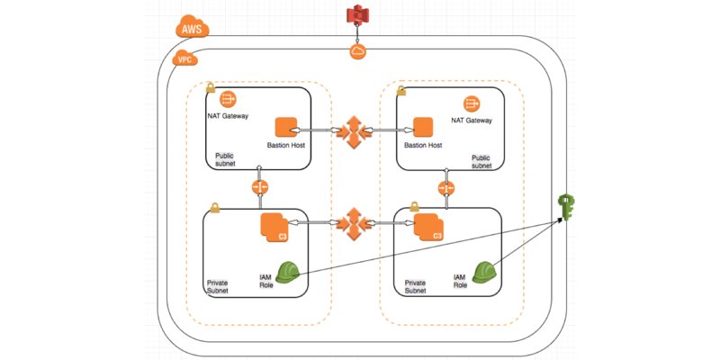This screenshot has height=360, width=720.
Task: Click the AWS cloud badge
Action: pos(192,28)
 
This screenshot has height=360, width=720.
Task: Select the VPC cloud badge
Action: pos(184,59)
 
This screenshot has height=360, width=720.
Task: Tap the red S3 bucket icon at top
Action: pos(357,15)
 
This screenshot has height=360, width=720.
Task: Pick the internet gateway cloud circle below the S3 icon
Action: pos(357,52)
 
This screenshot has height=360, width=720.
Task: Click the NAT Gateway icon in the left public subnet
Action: pos(227,98)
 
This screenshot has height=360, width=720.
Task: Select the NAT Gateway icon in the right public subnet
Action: pos(470,103)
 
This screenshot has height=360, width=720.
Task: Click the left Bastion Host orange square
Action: pos(285,128)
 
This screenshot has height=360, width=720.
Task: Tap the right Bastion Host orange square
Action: pos(421,128)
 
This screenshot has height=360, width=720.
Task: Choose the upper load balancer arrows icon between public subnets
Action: pos(355,131)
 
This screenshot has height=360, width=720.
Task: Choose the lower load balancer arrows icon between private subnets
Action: pos(355,222)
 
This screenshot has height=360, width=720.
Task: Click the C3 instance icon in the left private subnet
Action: pos(274,228)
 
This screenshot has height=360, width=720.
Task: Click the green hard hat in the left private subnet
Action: pos(288,272)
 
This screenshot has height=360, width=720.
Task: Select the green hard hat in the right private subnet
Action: pos(485,271)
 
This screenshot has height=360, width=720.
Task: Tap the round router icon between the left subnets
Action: pos(260,187)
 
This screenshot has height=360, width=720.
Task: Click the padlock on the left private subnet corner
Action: pos(214,208)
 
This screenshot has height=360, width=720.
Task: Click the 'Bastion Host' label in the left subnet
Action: pos(286,146)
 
